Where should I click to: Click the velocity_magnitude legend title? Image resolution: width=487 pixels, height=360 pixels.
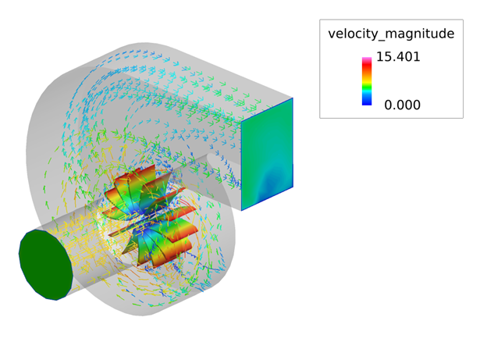pyautogui.click(x=391, y=34)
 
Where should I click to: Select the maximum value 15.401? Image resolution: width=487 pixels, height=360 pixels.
pyautogui.click(x=398, y=56)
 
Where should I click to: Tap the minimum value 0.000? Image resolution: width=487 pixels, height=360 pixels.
pyautogui.click(x=402, y=105)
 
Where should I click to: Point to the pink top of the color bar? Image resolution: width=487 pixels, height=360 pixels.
pyautogui.click(x=367, y=59)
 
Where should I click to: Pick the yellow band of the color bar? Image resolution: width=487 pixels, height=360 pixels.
pyautogui.click(x=367, y=78)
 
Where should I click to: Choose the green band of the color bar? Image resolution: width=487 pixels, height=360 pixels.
pyautogui.click(x=367, y=84)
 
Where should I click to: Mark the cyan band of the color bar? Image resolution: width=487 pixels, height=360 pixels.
pyautogui.click(x=367, y=91)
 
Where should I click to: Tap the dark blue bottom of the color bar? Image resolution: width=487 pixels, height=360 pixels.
pyautogui.click(x=367, y=101)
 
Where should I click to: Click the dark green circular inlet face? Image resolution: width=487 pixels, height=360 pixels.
pyautogui.click(x=46, y=265)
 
